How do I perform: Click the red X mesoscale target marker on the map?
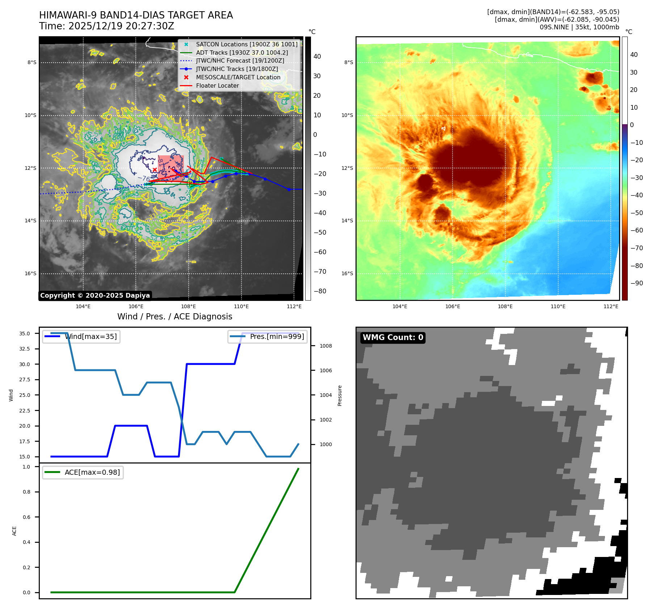[x=155, y=169]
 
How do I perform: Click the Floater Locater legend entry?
[x=217, y=86]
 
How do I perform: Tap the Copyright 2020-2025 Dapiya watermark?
[x=95, y=295]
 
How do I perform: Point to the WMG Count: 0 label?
[x=393, y=338]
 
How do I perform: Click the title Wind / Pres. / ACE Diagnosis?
[x=174, y=317]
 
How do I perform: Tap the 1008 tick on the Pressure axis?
[x=325, y=346]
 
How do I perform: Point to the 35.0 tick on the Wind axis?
[x=25, y=334]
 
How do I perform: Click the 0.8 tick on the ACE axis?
[x=26, y=492]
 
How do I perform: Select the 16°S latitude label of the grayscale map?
[x=30, y=274]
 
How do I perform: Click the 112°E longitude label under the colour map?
[x=611, y=307]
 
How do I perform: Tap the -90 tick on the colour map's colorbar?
[x=636, y=283]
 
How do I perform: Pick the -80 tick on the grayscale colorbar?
[x=320, y=291]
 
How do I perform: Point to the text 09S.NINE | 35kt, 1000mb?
[x=579, y=27]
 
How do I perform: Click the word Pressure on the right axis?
[x=340, y=395]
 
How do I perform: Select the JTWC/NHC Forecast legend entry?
[x=240, y=61]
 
